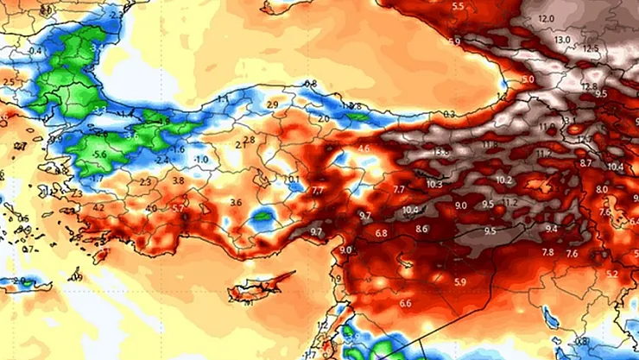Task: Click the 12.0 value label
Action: click(545, 19)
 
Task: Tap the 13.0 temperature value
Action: click(562, 40)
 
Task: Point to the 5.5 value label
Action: click(459, 7)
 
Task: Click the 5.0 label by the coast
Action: click(528, 79)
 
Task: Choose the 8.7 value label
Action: click(585, 163)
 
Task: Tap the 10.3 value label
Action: click(433, 184)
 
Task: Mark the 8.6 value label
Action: click(422, 229)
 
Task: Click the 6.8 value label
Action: click(381, 233)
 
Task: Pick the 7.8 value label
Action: click(547, 252)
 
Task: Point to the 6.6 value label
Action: click(405, 304)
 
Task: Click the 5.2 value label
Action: click(611, 275)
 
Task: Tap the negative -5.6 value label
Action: click(100, 155)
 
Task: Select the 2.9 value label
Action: click(273, 104)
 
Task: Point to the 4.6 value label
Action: click(363, 149)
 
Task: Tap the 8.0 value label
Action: click(602, 189)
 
